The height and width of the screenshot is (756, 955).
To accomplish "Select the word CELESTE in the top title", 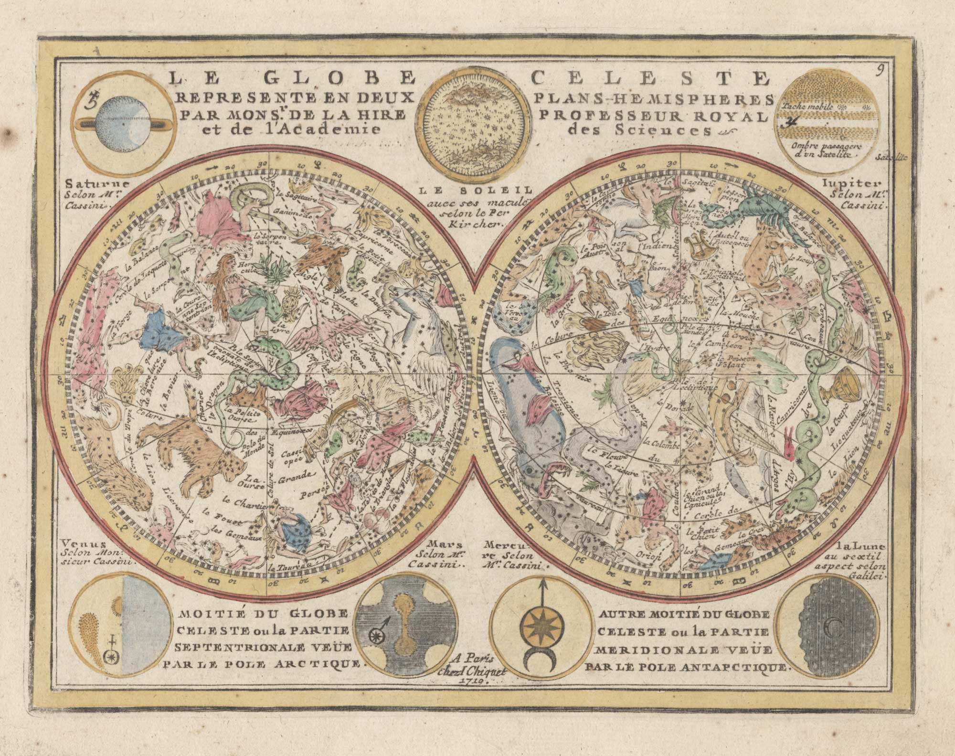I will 649,78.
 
